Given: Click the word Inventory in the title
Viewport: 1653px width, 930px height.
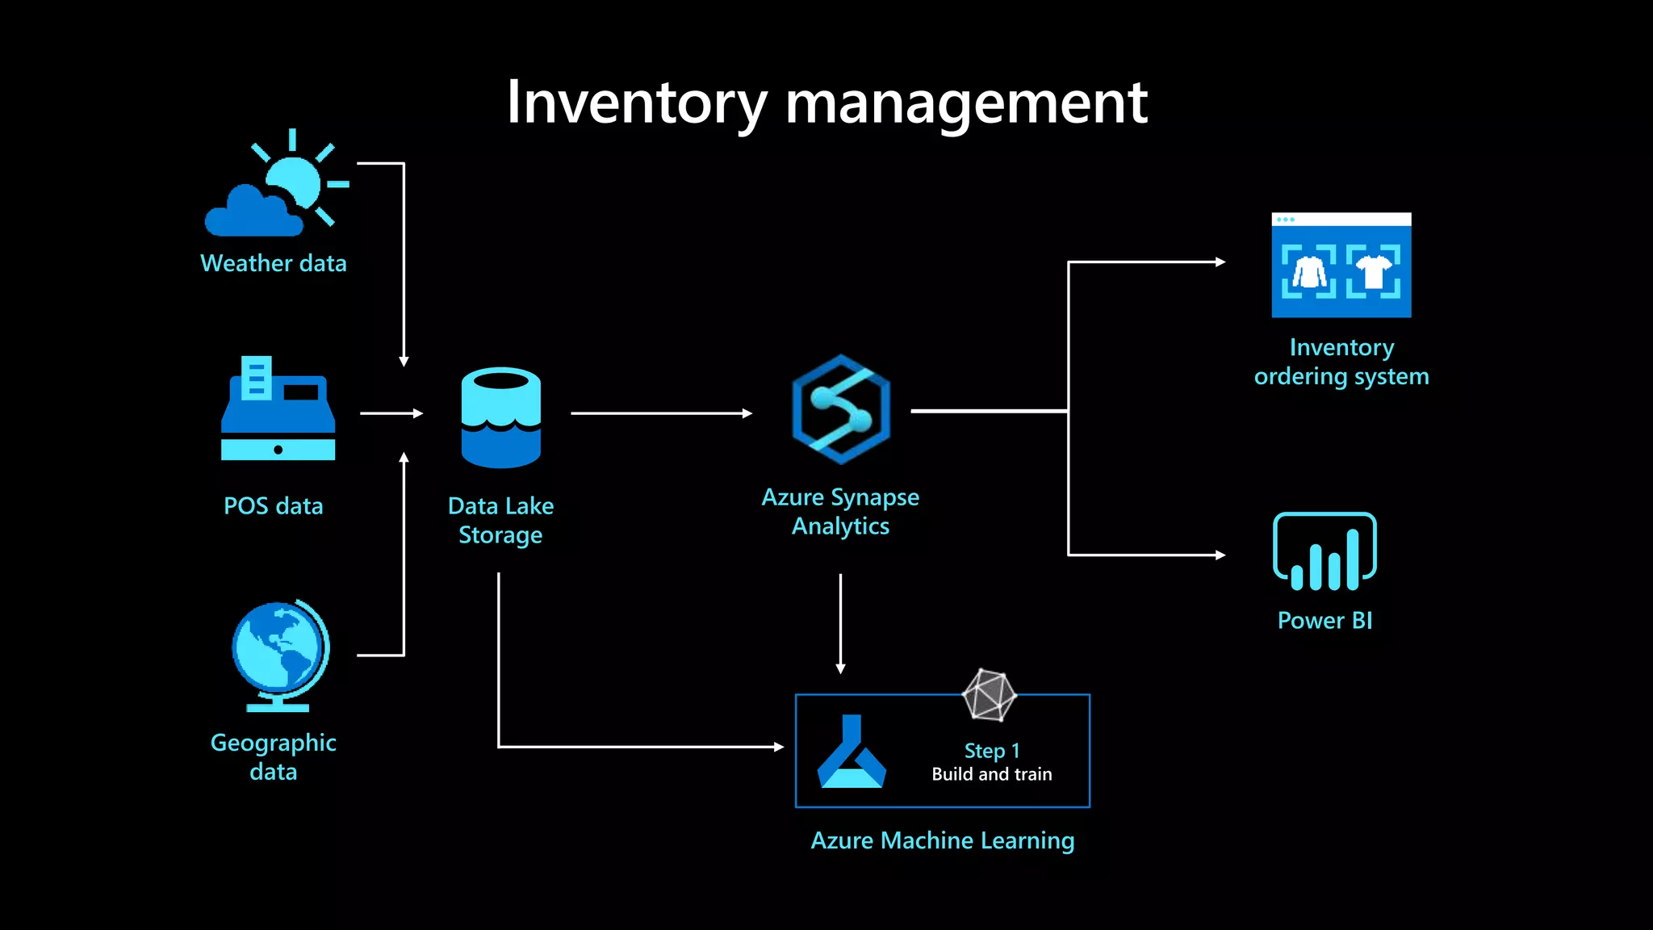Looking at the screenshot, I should tap(636, 103).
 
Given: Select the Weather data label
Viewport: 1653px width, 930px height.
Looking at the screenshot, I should tap(273, 263).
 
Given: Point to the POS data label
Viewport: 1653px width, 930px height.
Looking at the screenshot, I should tap(273, 506).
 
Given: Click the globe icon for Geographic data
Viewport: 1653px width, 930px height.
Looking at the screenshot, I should tap(280, 654).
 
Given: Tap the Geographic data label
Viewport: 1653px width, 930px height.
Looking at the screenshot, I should tap(273, 756).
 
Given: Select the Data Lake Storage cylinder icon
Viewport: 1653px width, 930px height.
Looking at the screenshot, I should tap(500, 417).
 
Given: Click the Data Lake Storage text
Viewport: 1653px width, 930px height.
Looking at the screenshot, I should tap(500, 520).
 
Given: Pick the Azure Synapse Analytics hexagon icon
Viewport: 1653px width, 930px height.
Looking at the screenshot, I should tap(840, 409).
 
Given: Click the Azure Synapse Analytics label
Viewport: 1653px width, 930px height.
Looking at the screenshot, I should tap(840, 511).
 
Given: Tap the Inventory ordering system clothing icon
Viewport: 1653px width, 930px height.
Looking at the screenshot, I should tap(1341, 266).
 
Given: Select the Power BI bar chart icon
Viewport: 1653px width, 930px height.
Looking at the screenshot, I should tap(1324, 551).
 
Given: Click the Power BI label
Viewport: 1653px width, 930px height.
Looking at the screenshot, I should tap(1324, 620).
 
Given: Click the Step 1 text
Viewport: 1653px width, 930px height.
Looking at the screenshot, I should tap(991, 751).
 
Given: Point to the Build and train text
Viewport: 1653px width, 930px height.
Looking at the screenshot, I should tap(991, 774).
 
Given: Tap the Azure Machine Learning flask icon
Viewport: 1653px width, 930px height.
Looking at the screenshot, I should tap(852, 752).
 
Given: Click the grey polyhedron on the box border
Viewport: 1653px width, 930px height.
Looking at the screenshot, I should tap(989, 694).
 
